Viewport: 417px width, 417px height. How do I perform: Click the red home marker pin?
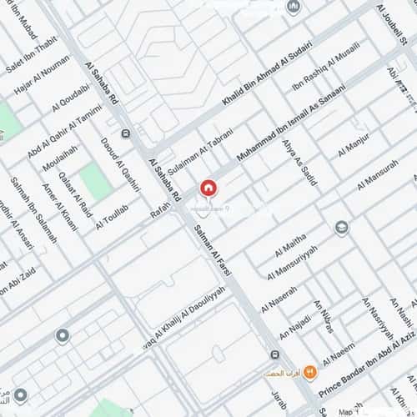pos(207,188)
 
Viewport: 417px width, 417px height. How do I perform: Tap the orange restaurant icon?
pos(310,371)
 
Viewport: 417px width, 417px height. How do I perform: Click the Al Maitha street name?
pos(289,246)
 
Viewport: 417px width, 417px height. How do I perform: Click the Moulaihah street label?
pos(58,163)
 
